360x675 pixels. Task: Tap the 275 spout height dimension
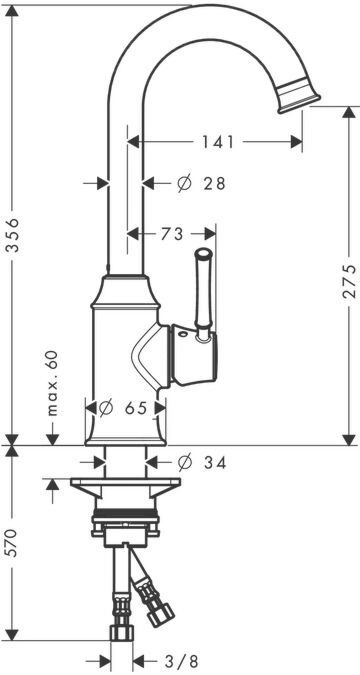(x=349, y=281)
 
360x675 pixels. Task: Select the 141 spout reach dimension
(x=218, y=142)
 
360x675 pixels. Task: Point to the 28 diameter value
(x=215, y=184)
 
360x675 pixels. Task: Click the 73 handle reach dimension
(x=172, y=234)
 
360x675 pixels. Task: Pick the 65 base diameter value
(x=136, y=407)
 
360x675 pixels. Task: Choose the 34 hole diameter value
(x=215, y=463)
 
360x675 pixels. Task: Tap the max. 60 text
(x=53, y=383)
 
